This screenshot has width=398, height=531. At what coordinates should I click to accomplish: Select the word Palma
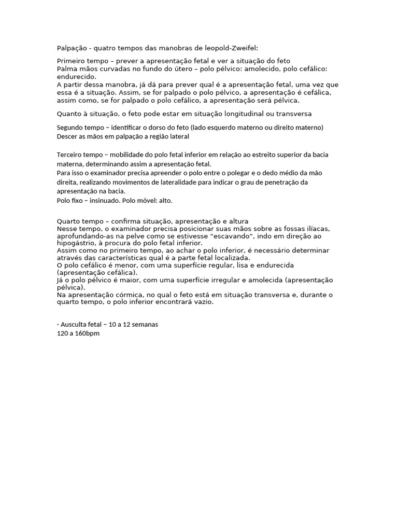click(67, 69)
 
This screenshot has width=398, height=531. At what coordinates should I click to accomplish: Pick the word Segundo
click(69, 128)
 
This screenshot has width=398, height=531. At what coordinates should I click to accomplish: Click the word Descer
click(66, 137)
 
